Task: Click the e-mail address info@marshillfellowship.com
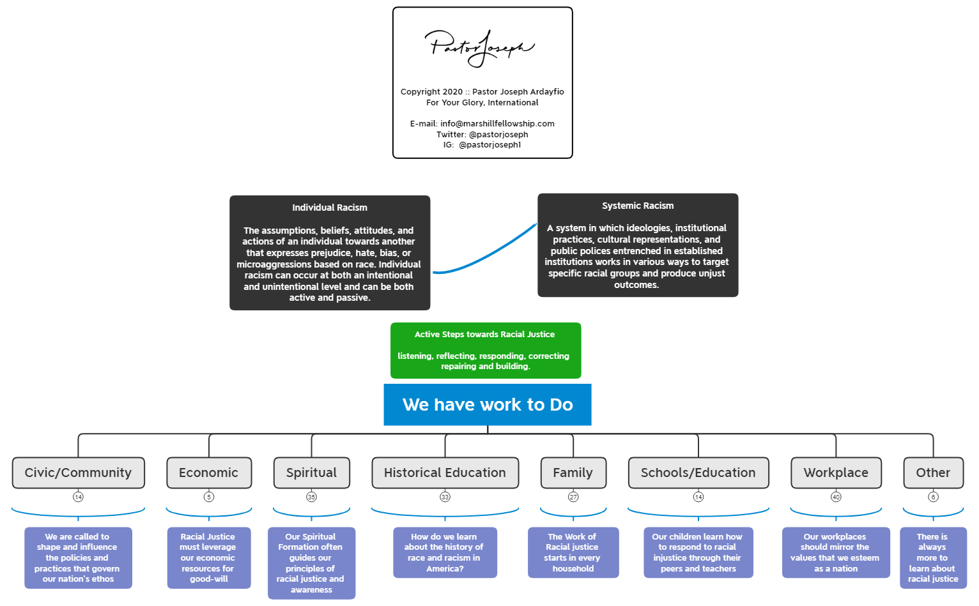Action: click(x=497, y=124)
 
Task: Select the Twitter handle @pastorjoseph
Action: click(x=498, y=135)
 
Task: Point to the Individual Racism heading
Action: click(x=330, y=208)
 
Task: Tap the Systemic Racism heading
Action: click(x=637, y=206)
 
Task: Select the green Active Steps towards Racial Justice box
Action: click(x=486, y=350)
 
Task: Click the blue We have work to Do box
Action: click(x=487, y=405)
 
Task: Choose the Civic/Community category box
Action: click(x=78, y=473)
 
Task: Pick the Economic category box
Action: click(x=208, y=473)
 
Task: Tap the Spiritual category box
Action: click(x=311, y=473)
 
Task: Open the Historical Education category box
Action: click(x=445, y=473)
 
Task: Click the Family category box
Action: click(x=573, y=473)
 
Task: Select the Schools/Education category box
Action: click(x=698, y=473)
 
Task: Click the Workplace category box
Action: click(x=836, y=473)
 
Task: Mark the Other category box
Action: click(x=933, y=473)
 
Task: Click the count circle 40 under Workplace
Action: click(x=836, y=497)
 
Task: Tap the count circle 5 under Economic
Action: click(x=209, y=497)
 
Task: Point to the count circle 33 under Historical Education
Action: click(x=445, y=497)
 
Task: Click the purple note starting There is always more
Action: click(x=933, y=557)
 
